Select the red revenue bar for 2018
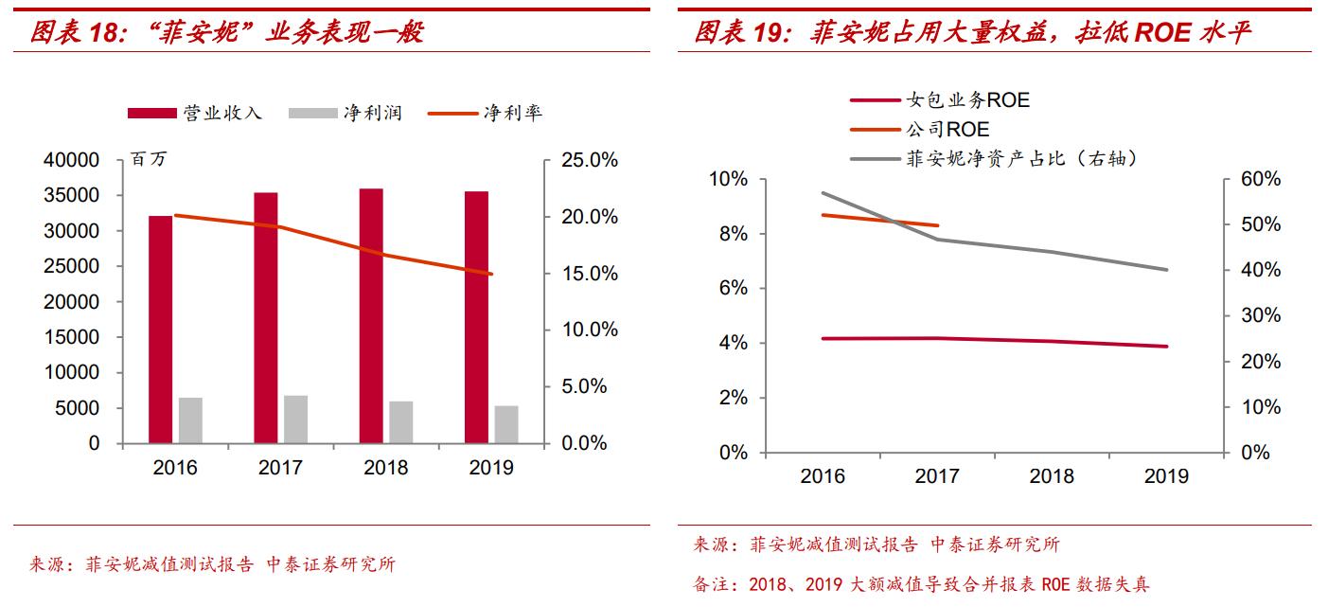(371, 316)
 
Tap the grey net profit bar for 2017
(296, 420)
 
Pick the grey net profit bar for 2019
(506, 424)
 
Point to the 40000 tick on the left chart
(72, 161)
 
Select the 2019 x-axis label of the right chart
(1166, 477)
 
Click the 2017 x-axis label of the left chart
(280, 468)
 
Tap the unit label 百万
(150, 160)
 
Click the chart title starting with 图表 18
(227, 33)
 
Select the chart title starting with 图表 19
(972, 33)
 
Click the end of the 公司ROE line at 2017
(938, 225)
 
